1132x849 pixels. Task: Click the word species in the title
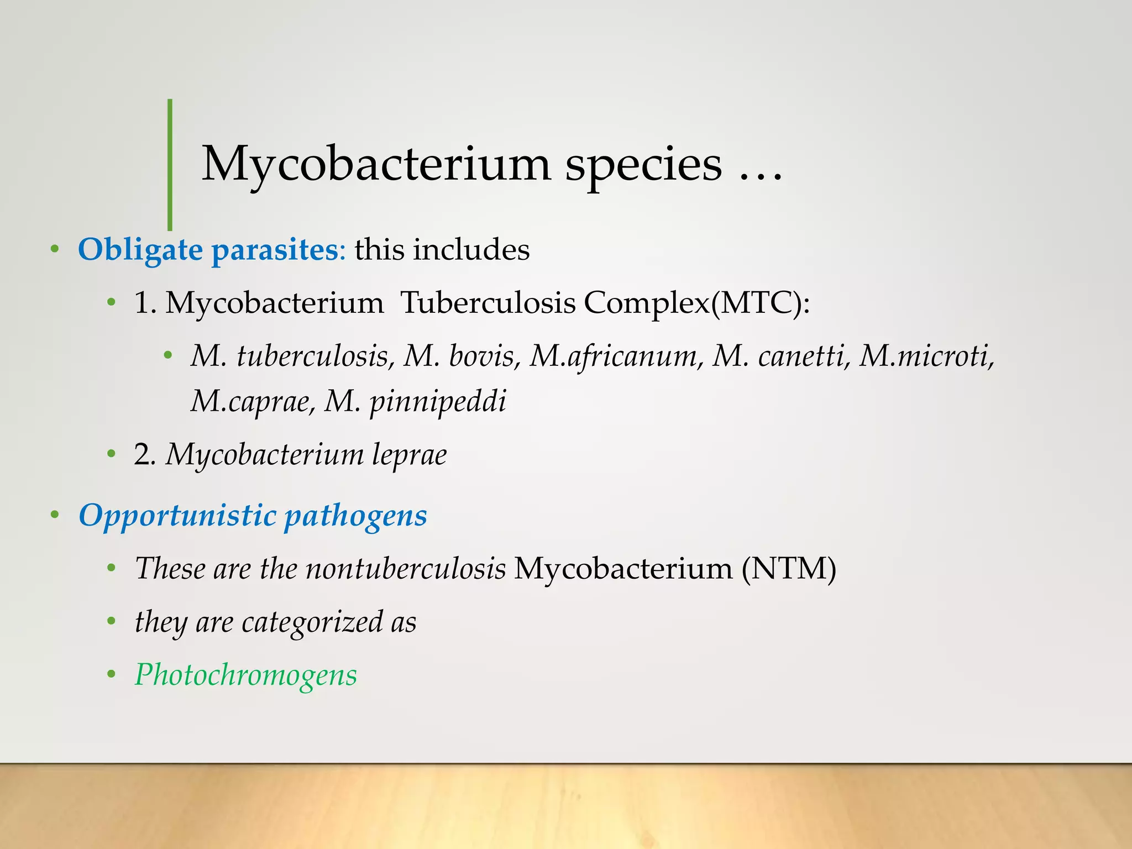coord(643,165)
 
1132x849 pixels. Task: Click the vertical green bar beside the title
coord(170,164)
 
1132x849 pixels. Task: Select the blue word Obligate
coord(140,250)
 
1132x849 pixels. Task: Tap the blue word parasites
coord(275,250)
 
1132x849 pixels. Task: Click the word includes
coord(471,249)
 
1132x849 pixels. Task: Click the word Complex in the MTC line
coord(646,303)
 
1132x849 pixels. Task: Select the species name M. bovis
coord(462,356)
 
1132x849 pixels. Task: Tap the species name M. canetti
coord(780,356)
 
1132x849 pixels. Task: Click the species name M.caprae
coord(251,401)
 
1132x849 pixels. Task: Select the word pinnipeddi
coord(437,401)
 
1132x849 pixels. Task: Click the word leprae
coord(409,455)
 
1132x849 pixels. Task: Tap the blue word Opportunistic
coord(177,516)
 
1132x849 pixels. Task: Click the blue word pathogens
coord(355,516)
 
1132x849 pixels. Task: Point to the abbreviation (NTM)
coord(788,568)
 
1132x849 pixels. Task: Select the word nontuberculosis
coord(406,568)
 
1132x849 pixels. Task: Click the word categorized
coord(312,622)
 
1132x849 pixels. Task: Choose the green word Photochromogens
coord(246,675)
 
